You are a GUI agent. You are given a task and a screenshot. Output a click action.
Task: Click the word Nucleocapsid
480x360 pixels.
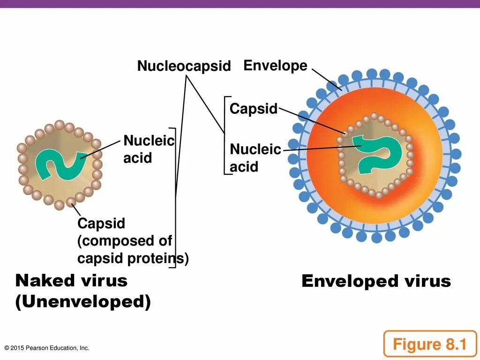click(184, 67)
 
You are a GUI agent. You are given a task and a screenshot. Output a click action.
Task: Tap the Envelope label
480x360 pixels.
click(275, 66)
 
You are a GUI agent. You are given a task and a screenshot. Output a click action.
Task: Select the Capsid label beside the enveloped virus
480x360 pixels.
click(254, 109)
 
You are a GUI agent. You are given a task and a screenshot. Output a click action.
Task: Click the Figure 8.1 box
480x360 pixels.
click(429, 345)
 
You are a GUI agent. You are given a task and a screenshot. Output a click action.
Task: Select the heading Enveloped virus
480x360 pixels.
click(376, 281)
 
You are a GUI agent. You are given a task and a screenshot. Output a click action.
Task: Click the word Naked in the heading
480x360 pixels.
click(45, 281)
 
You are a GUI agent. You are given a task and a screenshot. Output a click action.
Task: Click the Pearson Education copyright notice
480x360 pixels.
click(47, 348)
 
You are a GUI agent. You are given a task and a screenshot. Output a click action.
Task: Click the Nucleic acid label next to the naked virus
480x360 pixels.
click(149, 149)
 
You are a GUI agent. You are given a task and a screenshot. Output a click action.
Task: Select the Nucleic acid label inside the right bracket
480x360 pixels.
click(255, 158)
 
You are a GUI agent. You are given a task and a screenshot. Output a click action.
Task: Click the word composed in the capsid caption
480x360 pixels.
click(117, 241)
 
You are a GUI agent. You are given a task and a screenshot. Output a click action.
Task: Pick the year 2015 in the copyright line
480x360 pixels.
click(17, 348)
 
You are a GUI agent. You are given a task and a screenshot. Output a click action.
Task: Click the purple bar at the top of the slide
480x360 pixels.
click(240, 4)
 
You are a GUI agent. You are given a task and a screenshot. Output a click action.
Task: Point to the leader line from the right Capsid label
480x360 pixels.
click(312, 121)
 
